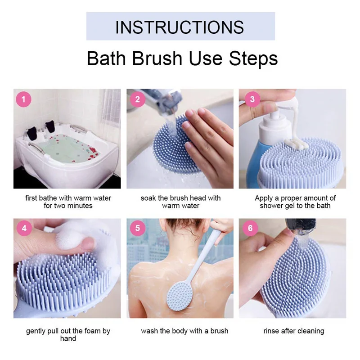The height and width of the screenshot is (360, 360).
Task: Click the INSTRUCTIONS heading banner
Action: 180,27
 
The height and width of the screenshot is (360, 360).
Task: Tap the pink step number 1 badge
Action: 23,100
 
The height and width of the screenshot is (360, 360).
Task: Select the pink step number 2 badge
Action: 137,100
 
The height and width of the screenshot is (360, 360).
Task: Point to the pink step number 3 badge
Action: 252,100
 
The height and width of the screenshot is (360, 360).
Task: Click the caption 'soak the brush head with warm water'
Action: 180,202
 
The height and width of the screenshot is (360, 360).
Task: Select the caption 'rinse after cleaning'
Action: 293,331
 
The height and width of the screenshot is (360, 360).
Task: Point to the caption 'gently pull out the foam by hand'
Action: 68,334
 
